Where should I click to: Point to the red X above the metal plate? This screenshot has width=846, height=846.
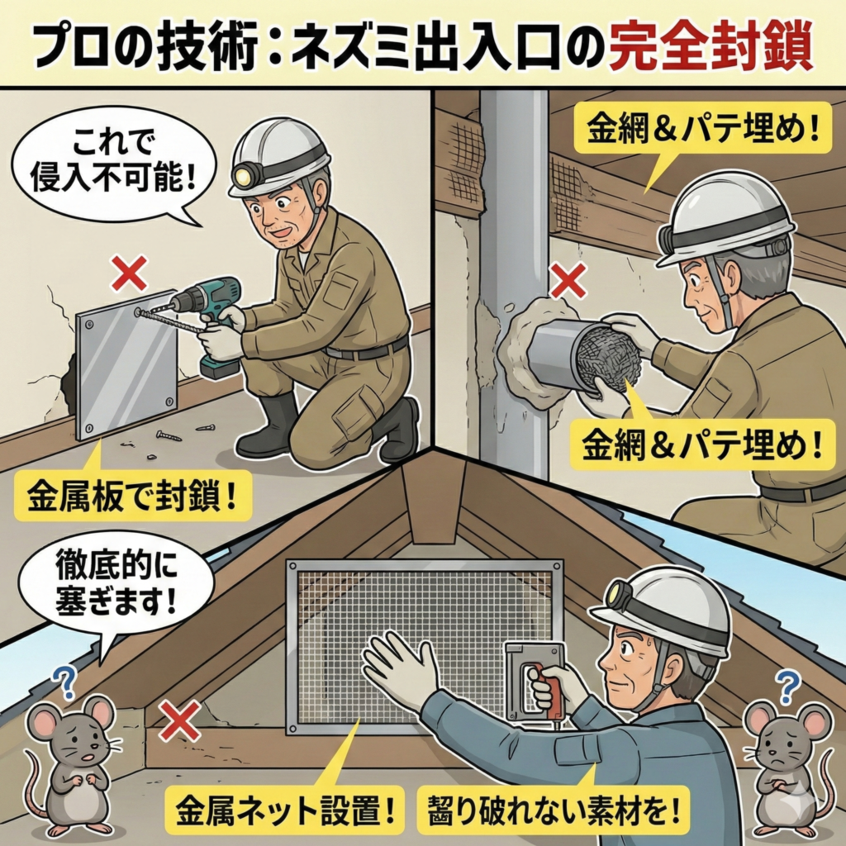click(x=129, y=273)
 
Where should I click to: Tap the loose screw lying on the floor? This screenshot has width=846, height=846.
click(x=169, y=435)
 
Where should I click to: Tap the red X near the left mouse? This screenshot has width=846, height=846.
click(x=179, y=720)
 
